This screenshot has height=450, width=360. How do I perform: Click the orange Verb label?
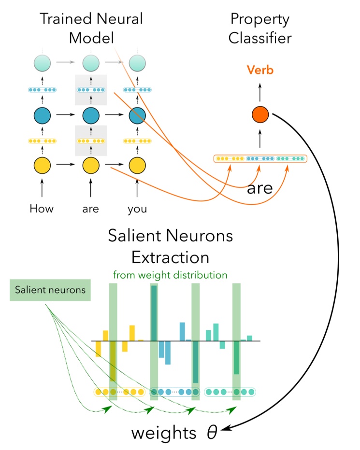point(260,70)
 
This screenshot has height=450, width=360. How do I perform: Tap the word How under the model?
point(42,209)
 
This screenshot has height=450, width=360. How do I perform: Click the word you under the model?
point(137,209)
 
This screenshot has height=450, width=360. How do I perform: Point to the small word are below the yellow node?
point(90,209)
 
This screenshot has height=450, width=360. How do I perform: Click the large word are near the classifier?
point(260,188)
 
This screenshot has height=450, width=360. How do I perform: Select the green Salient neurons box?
point(50,290)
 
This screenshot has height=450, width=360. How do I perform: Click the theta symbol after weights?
point(212,432)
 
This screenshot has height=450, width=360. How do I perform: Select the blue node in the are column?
point(90,115)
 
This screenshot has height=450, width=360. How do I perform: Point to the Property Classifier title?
point(259,28)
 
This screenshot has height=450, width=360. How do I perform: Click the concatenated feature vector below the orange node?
point(260,158)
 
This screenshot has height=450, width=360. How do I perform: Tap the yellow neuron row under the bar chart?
point(119,392)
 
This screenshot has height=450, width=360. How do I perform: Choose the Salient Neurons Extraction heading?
point(170,246)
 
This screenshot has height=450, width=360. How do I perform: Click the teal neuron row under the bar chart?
point(230,392)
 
